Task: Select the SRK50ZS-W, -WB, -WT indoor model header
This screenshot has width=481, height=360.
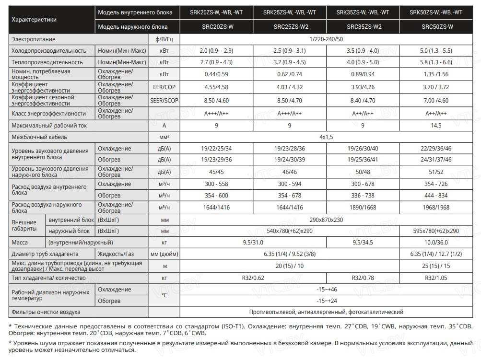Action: [436, 12]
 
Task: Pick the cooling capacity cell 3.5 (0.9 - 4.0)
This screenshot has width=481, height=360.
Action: [363, 50]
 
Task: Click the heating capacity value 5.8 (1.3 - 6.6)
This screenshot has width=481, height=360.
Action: [436, 62]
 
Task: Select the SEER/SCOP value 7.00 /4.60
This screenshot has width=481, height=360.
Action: [436, 101]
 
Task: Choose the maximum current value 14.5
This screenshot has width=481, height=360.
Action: [436, 126]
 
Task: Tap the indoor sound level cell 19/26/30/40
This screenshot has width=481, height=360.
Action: [363, 149]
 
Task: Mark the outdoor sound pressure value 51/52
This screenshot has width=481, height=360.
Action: [436, 172]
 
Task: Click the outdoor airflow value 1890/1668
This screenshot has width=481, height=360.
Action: [363, 207]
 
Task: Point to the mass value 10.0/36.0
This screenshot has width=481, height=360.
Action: [436, 243]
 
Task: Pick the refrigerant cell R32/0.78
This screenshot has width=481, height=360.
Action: [363, 278]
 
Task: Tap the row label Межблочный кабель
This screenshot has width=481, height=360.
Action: [35, 137]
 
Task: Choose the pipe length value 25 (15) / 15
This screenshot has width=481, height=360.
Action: [436, 266]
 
